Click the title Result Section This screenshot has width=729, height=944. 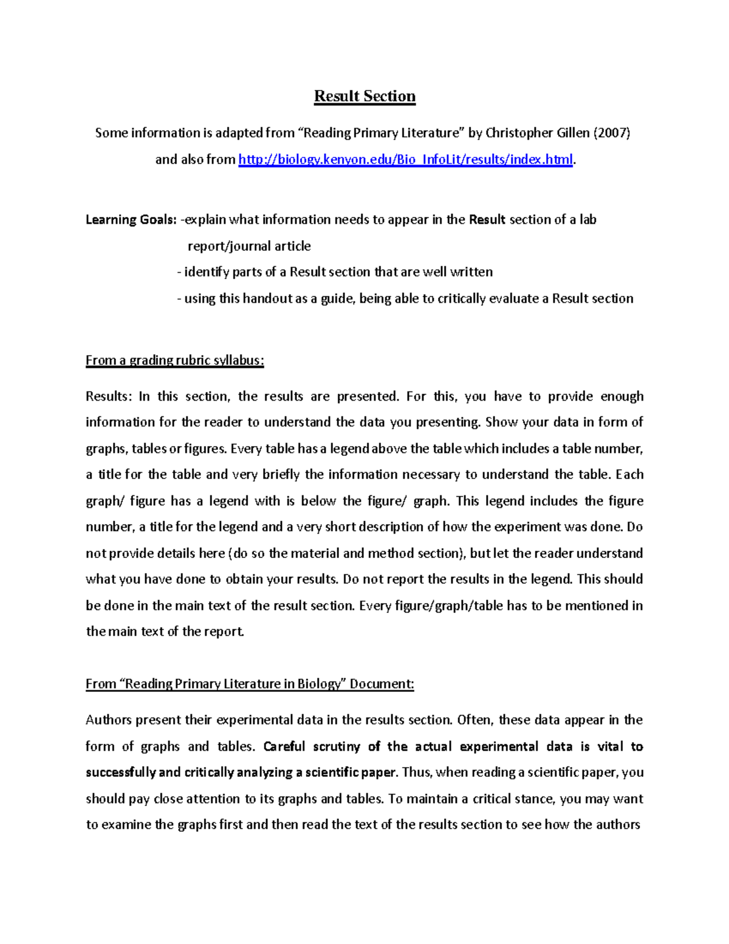[x=364, y=97]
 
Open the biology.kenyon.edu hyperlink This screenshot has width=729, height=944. [x=405, y=160]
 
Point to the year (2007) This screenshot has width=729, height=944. [x=611, y=133]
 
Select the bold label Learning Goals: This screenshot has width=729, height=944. [x=131, y=220]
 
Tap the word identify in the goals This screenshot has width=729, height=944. [x=207, y=272]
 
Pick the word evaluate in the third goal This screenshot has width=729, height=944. [x=514, y=299]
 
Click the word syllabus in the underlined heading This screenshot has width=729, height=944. [x=241, y=360]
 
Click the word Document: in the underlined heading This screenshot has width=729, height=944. [x=382, y=684]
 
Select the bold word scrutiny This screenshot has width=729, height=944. [x=337, y=747]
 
